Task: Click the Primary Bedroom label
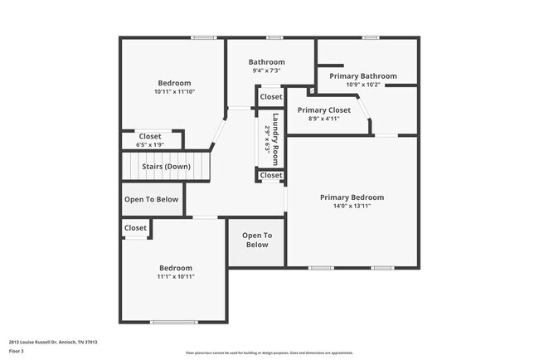352,197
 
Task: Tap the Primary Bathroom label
363,76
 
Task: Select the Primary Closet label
323,109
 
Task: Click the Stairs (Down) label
166,167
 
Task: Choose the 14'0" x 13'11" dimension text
352,207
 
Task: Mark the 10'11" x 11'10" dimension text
174,92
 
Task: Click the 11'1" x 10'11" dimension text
176,277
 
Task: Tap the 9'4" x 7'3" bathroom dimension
267,71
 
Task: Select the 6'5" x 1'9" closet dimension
150,145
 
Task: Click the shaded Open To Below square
257,241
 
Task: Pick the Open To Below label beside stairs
151,199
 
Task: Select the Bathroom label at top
267,62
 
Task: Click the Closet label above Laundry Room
271,97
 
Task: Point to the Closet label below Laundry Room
271,176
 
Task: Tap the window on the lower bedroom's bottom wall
174,322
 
